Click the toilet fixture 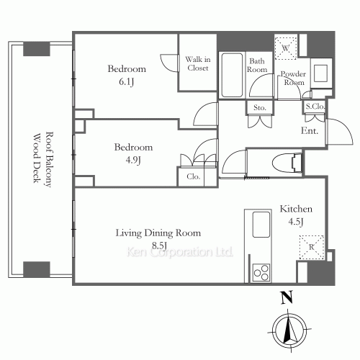click(287, 163)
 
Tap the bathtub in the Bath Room click(232, 75)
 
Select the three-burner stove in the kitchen click(261, 272)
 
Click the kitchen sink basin click(261, 225)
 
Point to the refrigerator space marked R click(312, 247)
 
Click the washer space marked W click(285, 48)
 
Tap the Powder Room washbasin click(320, 73)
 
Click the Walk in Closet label click(198, 63)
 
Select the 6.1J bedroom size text click(126, 82)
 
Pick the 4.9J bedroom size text click(133, 161)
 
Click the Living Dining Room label click(158, 233)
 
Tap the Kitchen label click(296, 209)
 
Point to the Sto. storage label click(260, 108)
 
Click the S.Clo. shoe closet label click(315, 106)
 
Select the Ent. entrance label click(310, 131)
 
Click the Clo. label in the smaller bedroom click(193, 177)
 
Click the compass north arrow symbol click(289, 330)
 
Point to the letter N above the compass click(287, 297)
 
